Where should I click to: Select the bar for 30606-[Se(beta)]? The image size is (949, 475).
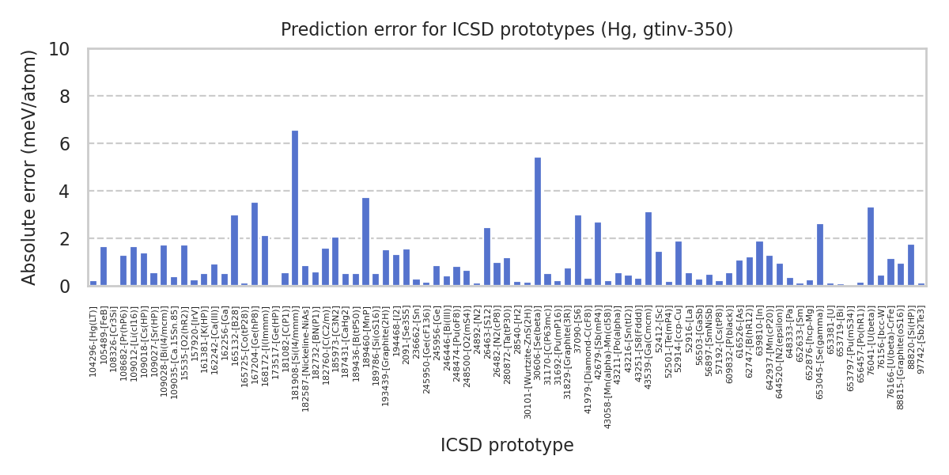pos(538,222)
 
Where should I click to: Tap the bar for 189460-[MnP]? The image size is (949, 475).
pos(365,241)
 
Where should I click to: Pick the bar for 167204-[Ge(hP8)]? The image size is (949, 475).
pos(255,244)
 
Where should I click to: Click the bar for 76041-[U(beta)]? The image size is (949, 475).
pos(871,246)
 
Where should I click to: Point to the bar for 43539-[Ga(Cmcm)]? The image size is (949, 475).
pos(648,249)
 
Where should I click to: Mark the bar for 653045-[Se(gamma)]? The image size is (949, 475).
pos(820,255)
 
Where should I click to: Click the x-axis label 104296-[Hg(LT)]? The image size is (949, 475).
pos(93,342)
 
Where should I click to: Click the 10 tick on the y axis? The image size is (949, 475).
pos(59,49)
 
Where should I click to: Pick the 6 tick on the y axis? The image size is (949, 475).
pos(64,144)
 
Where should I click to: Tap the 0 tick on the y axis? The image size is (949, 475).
pos(64,287)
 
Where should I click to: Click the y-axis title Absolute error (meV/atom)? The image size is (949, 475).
pos(29,167)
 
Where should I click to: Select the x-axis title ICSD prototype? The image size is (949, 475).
pos(507,446)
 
